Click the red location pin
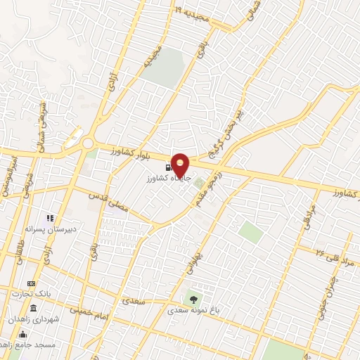[181, 164]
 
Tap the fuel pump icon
[167, 167]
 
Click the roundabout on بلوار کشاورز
[88, 143]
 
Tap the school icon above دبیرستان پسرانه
[50, 219]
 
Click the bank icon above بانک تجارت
[30, 282]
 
